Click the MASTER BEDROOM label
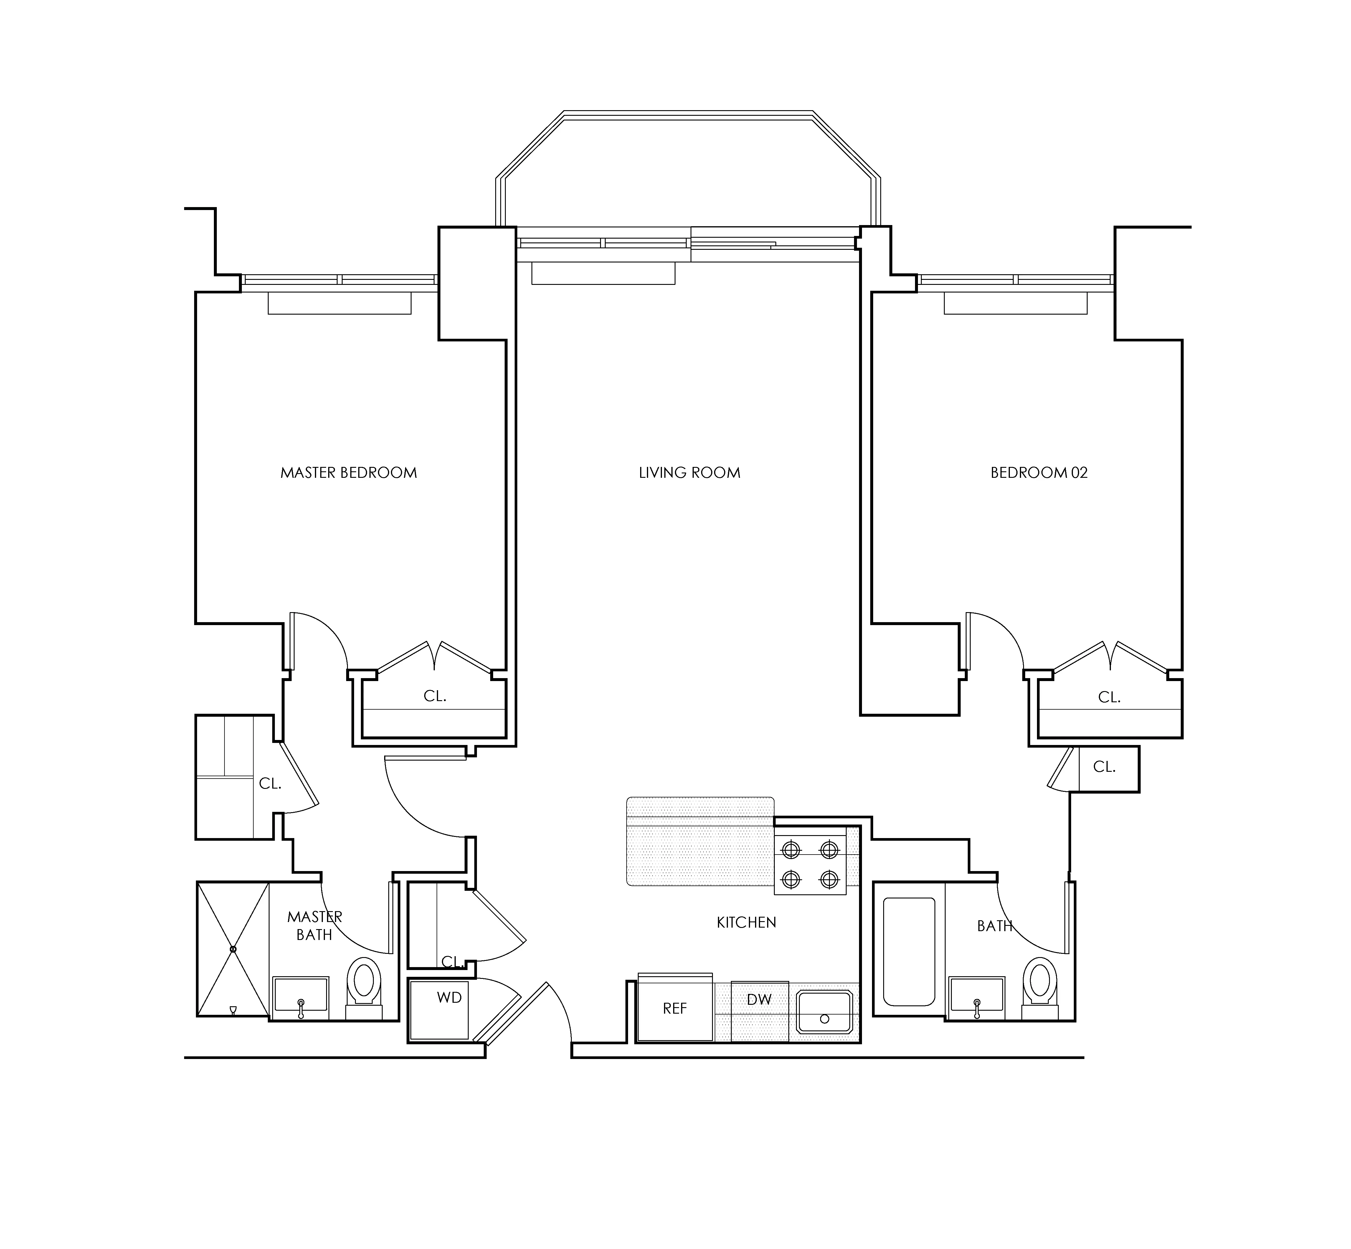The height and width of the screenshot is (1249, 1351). [x=349, y=472]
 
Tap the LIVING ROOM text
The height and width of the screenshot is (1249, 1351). [x=689, y=472]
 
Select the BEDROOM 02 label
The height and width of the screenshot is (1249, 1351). [x=1039, y=472]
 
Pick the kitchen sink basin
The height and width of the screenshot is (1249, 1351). [x=824, y=1012]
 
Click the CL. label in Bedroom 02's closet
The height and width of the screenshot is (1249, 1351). [x=1109, y=697]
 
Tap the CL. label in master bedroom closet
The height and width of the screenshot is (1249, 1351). [x=435, y=696]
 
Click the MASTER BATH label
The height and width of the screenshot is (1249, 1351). [x=315, y=925]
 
